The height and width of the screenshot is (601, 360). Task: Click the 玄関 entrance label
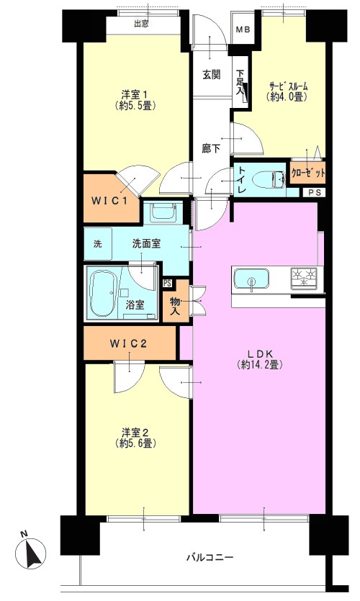211,74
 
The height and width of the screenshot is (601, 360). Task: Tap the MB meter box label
243,29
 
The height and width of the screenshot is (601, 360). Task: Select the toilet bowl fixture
269,179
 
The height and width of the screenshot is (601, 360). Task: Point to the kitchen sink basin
251,280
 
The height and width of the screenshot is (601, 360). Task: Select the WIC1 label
109,201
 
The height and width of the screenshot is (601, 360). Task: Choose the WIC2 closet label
128,344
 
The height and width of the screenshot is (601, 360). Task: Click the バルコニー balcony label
210,557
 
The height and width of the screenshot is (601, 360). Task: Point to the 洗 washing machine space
98,244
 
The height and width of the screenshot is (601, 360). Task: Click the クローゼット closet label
308,173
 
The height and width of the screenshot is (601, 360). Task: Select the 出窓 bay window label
141,24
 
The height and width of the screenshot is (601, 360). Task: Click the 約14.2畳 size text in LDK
260,364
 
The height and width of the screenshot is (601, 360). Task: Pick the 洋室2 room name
135,433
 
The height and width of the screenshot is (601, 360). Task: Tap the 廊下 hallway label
211,148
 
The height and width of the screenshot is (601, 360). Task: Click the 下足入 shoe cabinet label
240,81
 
